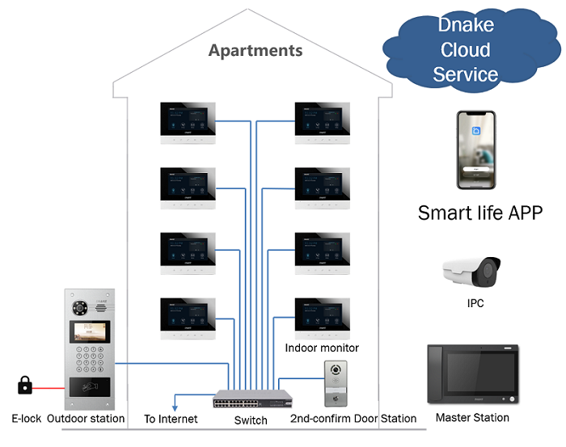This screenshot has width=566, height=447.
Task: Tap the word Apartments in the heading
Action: pos(256,50)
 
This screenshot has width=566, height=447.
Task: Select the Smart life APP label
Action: pos(479,213)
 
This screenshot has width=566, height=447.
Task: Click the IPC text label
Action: pos(475,304)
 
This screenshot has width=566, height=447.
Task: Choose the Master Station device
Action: pos(473,375)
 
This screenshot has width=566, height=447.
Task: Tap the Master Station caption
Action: pos(472,418)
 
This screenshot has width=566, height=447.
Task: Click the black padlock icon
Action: pos(25,385)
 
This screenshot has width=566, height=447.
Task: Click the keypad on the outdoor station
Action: pos(89,356)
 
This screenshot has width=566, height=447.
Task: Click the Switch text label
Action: pos(251,420)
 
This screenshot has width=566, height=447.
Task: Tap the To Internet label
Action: pos(171,419)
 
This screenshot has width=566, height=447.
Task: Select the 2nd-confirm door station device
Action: pos(335,384)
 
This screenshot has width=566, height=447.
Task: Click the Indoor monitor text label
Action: pos(322,348)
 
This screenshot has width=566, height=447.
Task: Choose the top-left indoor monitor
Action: pos(188,123)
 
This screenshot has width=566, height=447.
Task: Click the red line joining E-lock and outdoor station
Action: pos(48,387)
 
